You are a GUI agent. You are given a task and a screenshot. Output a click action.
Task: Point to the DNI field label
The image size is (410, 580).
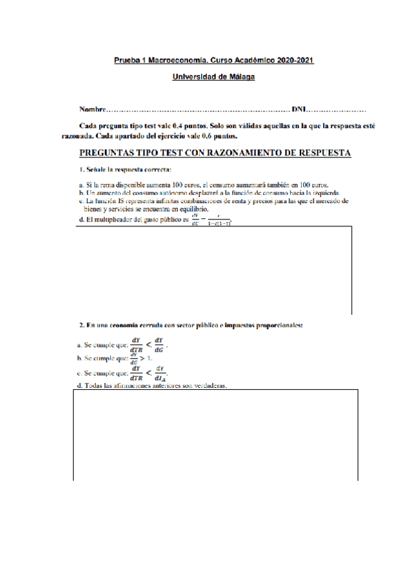click(299, 109)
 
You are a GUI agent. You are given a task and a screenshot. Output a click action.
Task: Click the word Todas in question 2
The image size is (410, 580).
click(91, 386)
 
